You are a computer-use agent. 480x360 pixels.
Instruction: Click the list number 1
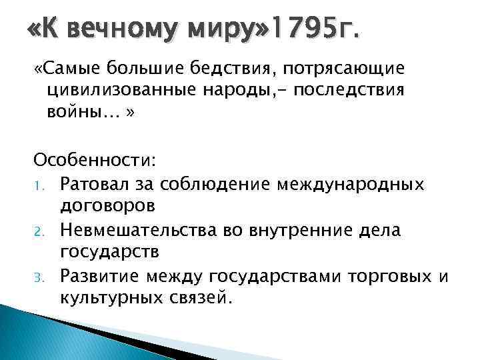(x=39, y=183)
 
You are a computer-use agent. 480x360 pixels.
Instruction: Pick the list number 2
(x=39, y=231)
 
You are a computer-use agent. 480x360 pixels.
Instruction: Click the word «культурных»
(x=110, y=297)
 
